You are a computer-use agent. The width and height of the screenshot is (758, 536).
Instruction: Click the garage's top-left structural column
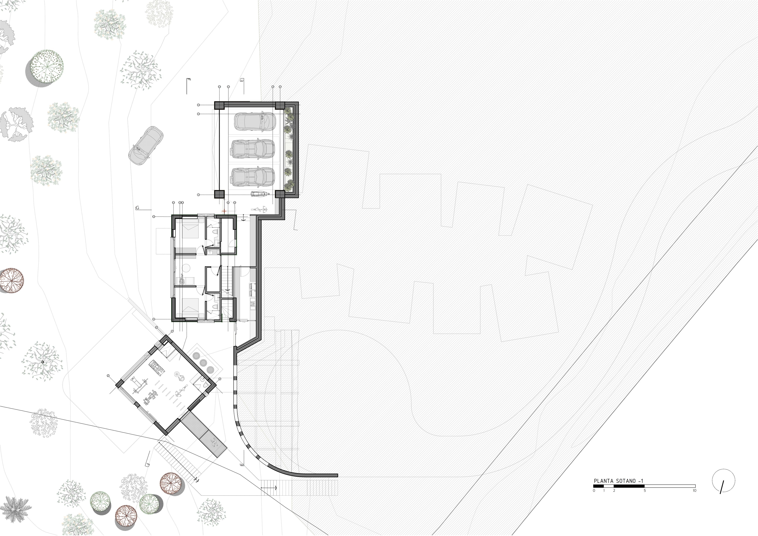pos(219,105)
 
